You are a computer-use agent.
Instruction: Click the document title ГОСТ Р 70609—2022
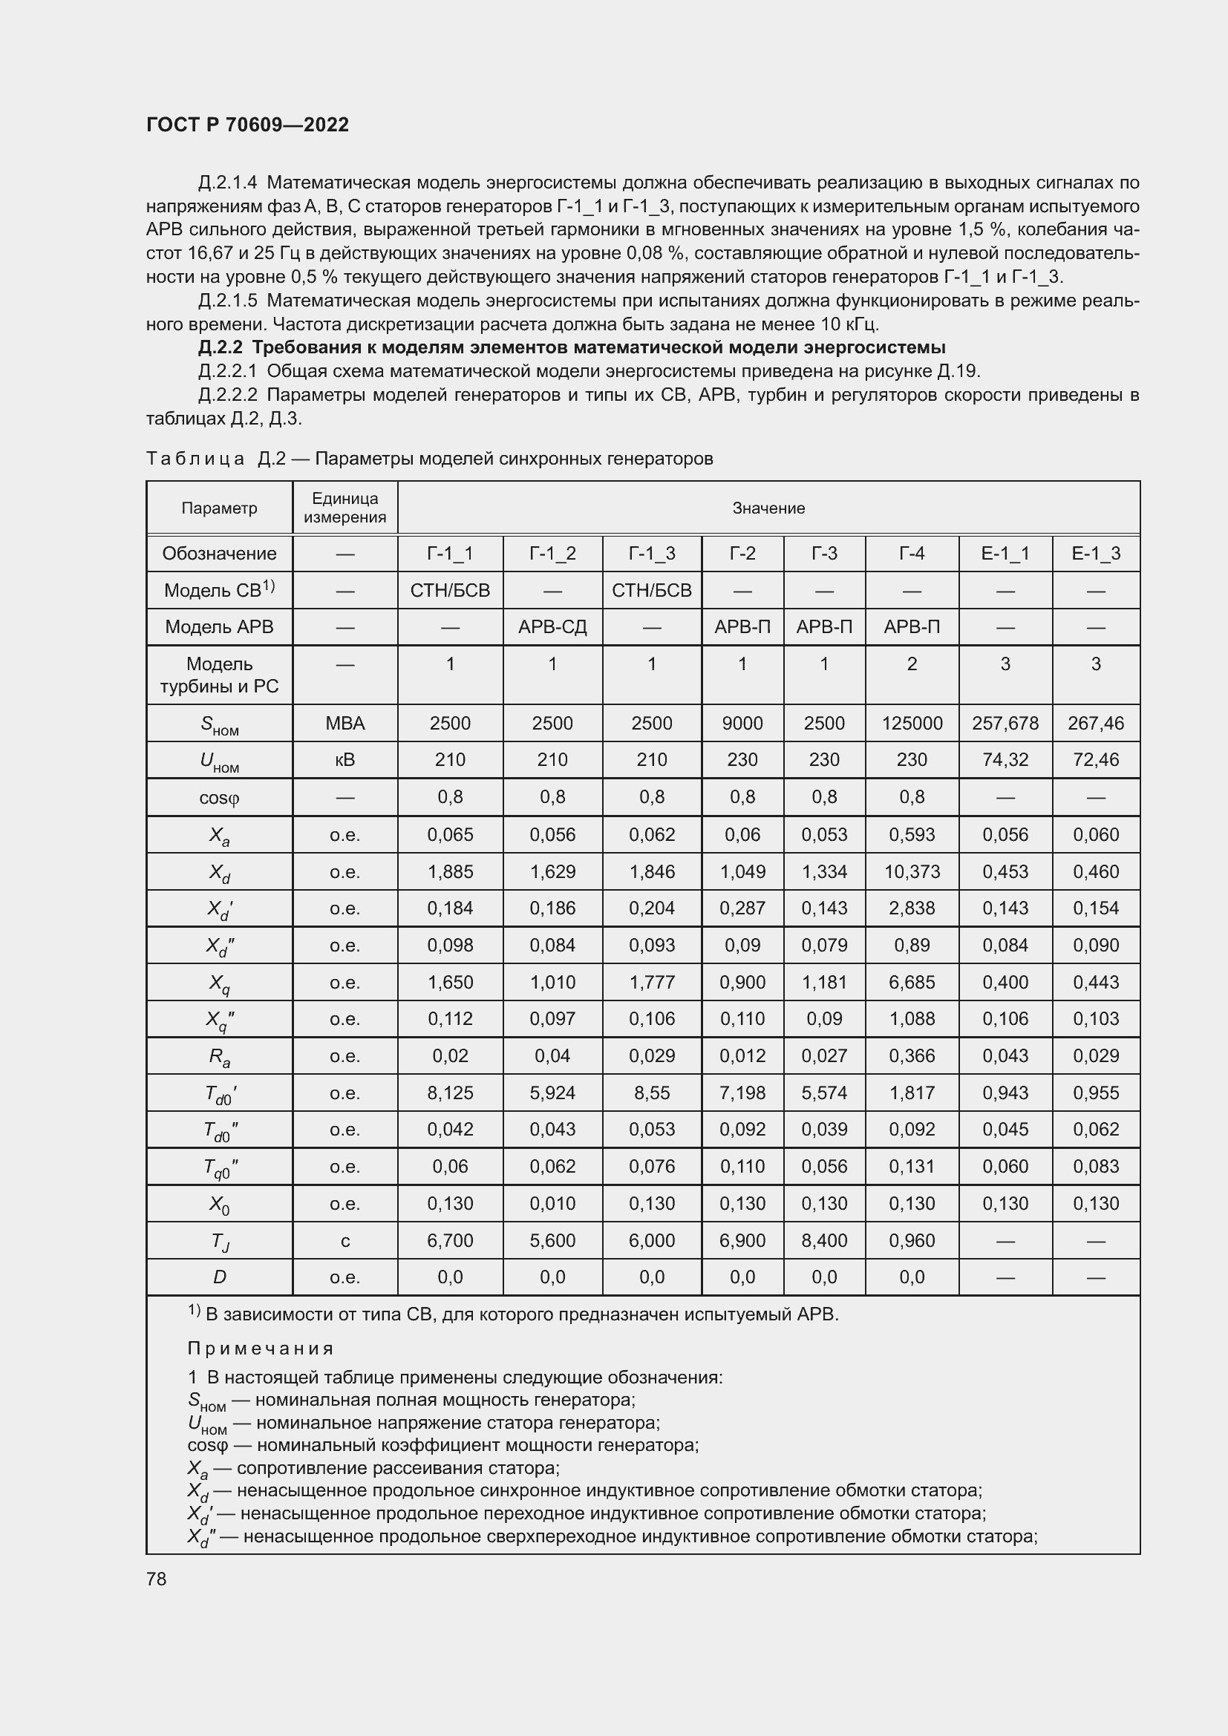point(247,125)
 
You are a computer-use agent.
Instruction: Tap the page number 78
point(157,1579)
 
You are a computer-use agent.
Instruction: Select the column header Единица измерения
point(344,508)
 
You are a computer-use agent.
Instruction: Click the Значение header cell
point(768,508)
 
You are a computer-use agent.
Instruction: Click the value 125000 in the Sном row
point(911,723)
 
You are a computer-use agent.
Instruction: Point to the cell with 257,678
point(1005,723)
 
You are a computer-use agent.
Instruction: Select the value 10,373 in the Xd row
point(911,871)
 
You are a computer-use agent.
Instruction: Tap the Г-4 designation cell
point(911,554)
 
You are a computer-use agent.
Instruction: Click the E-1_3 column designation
point(1096,554)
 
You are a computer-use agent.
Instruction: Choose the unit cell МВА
point(344,723)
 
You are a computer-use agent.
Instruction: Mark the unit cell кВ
point(344,759)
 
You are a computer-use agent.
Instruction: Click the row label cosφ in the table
point(219,797)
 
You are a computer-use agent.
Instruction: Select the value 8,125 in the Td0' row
point(450,1093)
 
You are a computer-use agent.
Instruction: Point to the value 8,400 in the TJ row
point(824,1240)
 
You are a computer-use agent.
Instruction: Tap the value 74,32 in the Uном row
point(1005,759)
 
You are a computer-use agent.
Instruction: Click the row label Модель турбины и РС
point(219,675)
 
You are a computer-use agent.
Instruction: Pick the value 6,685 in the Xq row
point(911,982)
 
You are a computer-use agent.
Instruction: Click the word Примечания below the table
point(260,1349)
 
